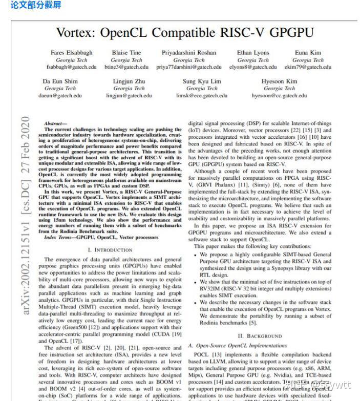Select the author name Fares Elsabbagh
tap(72, 53)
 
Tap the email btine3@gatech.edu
tap(126, 67)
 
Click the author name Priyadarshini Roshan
tap(189, 53)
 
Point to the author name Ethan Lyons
tap(253, 53)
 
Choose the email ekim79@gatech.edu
tap(308, 67)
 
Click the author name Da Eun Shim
tap(60, 81)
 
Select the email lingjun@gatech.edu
tap(129, 95)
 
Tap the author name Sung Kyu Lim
tap(202, 81)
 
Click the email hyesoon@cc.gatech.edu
tap(279, 95)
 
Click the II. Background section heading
tap(260, 336)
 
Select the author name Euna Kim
tap(308, 53)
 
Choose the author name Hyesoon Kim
tap(279, 81)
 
